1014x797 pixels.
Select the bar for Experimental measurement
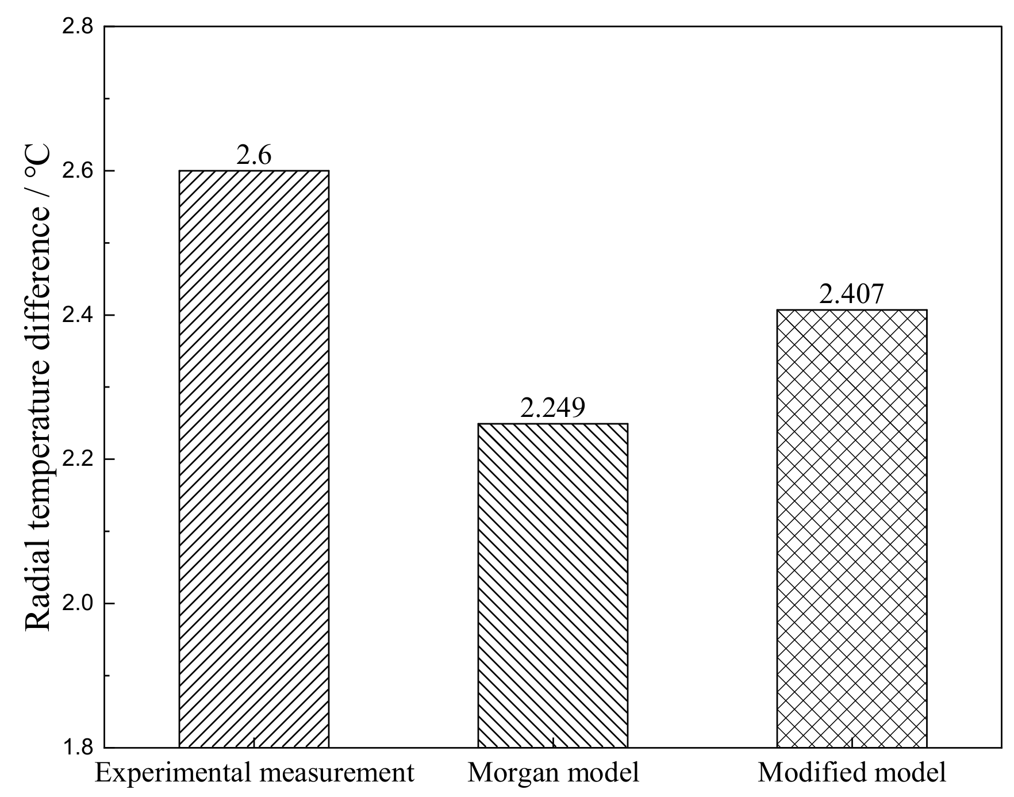(254, 459)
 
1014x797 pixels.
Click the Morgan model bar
(553, 585)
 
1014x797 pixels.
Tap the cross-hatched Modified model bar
(852, 528)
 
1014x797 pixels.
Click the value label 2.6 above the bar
(253, 155)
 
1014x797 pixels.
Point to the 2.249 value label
(552, 408)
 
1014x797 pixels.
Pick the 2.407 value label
(851, 294)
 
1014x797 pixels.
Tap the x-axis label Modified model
(852, 773)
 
